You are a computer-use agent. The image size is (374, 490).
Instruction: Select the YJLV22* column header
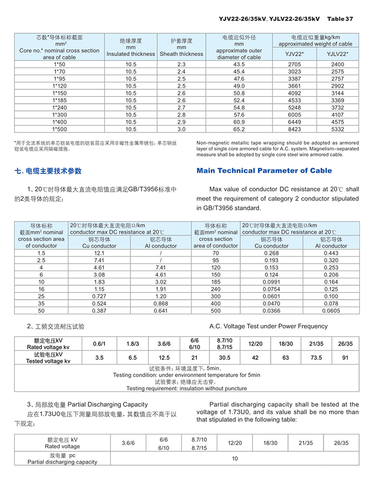click(x=338, y=54)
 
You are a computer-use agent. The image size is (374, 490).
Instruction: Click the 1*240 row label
click(x=59, y=108)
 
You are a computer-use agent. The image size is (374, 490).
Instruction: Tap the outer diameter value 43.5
click(x=239, y=64)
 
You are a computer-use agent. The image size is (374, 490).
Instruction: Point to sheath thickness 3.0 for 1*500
click(x=181, y=129)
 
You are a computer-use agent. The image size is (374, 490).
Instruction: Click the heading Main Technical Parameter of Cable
click(x=264, y=171)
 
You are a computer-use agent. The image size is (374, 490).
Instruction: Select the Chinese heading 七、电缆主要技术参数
click(x=48, y=171)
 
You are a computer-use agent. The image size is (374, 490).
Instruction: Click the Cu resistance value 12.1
click(x=99, y=253)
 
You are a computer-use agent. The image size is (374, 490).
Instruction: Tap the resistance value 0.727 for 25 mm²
click(x=99, y=296)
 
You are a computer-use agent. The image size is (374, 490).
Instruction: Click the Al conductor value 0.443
click(x=331, y=253)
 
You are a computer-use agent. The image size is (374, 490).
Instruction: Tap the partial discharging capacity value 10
click(x=235, y=459)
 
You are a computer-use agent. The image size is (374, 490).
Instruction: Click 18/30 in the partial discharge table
click(x=270, y=443)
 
